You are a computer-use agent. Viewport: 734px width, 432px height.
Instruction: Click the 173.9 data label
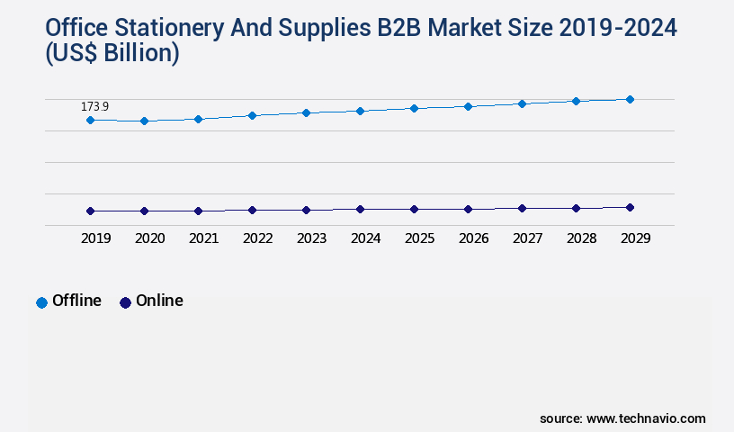click(94, 107)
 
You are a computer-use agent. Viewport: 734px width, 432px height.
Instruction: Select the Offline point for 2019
click(90, 120)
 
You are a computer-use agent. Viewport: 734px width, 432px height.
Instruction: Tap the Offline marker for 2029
click(630, 99)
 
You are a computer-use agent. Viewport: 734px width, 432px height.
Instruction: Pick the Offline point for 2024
click(360, 111)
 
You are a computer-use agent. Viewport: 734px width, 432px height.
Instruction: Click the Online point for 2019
click(90, 211)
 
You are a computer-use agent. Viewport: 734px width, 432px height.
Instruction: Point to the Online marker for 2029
click(630, 207)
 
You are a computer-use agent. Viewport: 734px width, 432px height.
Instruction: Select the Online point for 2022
click(252, 210)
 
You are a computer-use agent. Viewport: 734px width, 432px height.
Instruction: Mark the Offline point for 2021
click(198, 119)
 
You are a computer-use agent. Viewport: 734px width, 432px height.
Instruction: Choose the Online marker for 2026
click(468, 209)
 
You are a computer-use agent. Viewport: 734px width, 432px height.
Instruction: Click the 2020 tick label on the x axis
click(149, 238)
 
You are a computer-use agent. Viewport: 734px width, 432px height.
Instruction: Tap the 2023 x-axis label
click(311, 238)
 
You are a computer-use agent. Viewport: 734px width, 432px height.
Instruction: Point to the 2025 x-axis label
click(419, 238)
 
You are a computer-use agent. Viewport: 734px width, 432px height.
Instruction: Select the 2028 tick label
click(581, 238)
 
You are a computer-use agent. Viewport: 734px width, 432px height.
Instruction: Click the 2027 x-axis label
click(527, 238)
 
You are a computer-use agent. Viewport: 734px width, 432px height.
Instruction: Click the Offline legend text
click(76, 301)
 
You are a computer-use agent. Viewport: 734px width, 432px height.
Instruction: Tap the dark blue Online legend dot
click(125, 302)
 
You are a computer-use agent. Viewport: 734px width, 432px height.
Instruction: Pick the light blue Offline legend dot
click(41, 302)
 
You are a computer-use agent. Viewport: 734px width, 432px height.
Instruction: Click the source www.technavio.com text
click(622, 418)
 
